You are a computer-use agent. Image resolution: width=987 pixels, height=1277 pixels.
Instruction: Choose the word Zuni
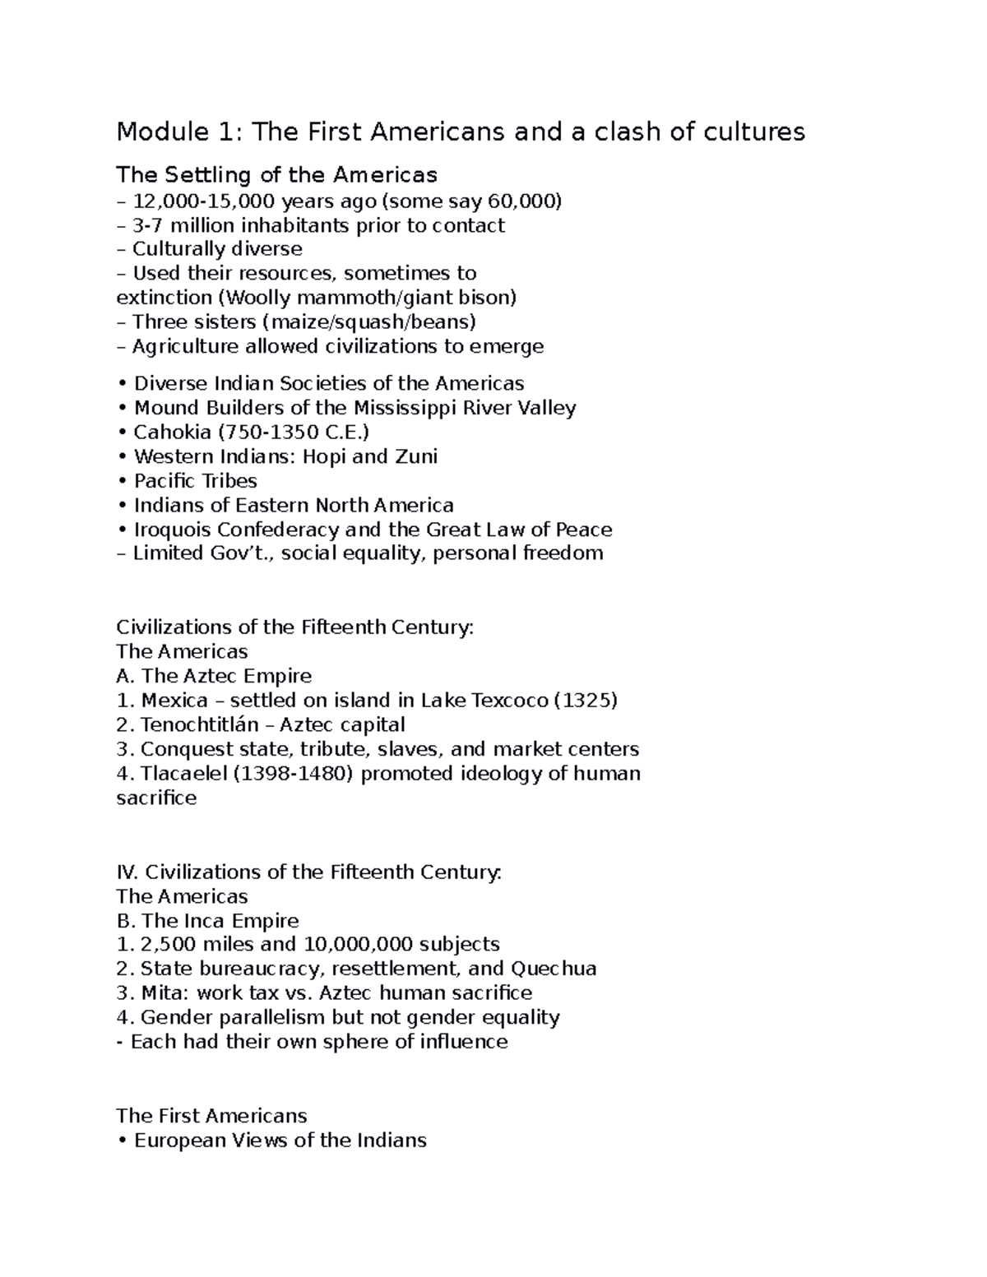tap(415, 456)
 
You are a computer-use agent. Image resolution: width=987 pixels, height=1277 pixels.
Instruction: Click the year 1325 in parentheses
tap(585, 701)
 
